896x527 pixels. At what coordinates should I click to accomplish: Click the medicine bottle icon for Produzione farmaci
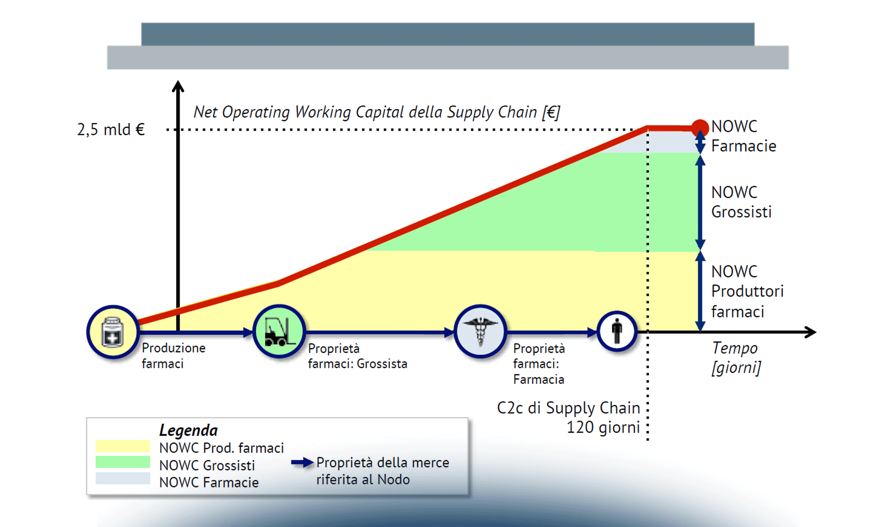point(113,332)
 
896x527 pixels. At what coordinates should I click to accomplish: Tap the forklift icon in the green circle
point(279,331)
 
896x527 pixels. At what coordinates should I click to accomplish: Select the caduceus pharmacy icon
point(481,331)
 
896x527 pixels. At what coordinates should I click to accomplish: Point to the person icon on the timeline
point(617,331)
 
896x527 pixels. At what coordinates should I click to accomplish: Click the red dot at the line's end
point(700,128)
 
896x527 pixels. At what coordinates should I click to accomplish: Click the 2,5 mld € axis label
point(111,130)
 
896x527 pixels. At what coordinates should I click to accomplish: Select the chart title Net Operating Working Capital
point(376,112)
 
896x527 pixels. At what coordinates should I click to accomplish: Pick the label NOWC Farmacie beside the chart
point(743,136)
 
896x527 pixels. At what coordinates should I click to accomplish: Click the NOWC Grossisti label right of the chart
point(741,202)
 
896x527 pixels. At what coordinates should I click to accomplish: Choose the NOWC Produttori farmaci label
point(747,291)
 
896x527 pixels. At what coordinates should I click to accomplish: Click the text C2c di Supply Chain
point(568,408)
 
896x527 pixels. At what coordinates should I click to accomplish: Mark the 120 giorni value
point(603,427)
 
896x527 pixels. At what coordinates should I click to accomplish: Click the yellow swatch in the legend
point(123,446)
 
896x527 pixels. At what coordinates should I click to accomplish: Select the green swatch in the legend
point(123,462)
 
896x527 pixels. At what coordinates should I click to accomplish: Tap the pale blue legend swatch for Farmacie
point(123,478)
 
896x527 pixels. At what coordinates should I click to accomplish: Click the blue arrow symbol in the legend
point(302,462)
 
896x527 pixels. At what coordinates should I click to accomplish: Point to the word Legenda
point(188,430)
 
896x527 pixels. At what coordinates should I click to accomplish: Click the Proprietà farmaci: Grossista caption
point(358,356)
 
